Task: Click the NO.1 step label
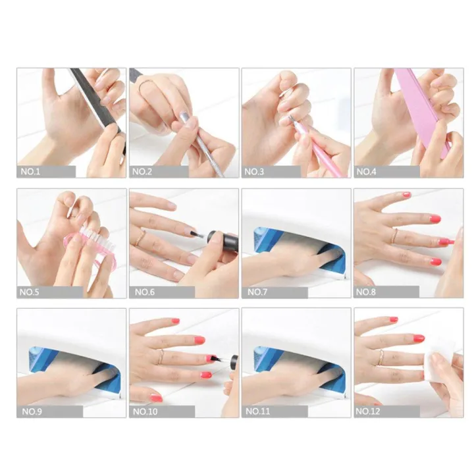[30, 172]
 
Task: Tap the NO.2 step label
[143, 172]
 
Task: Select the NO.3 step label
[255, 172]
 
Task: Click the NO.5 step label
[30, 292]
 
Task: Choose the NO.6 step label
[143, 292]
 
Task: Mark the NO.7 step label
[255, 292]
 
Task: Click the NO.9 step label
[30, 411]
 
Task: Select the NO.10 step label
[145, 411]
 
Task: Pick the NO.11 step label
[257, 411]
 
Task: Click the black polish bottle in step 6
[221, 240]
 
